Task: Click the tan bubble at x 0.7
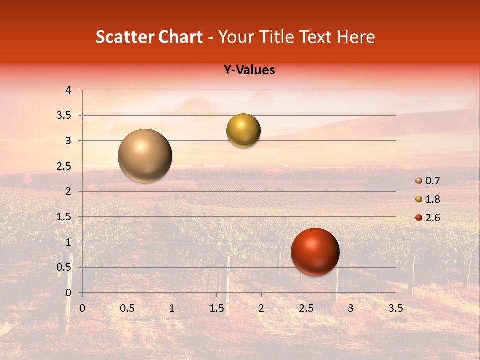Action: coord(145,156)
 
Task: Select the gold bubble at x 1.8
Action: coord(243,131)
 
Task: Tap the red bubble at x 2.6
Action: coord(315,252)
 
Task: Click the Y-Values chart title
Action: coord(249,70)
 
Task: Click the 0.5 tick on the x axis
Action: coord(127,308)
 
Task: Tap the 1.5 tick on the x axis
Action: coord(216,308)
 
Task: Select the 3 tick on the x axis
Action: coord(350,308)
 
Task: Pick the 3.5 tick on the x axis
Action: coord(395,308)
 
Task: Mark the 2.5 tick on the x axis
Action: coord(306,308)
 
